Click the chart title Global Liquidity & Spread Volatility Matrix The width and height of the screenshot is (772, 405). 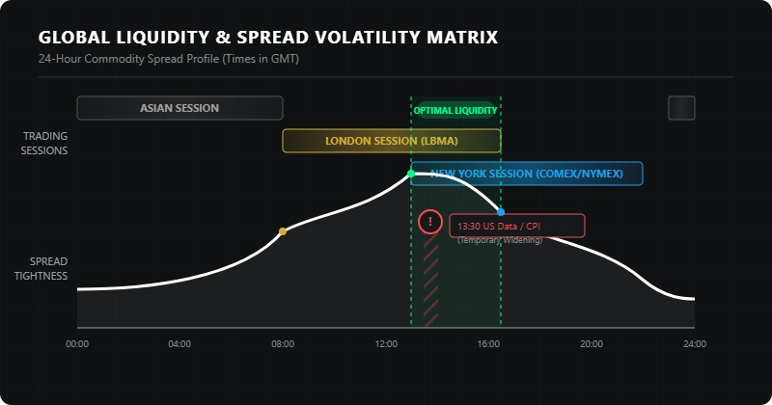tap(268, 38)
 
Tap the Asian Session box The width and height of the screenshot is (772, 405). tap(179, 108)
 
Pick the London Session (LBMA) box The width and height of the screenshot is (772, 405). tap(391, 141)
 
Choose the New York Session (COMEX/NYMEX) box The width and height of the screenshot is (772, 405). tap(527, 174)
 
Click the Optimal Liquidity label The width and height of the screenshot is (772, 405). tap(455, 111)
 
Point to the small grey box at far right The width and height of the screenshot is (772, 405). tap(681, 108)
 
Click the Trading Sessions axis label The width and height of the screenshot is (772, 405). tap(45, 143)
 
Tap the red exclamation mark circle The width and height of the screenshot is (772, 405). tap(429, 222)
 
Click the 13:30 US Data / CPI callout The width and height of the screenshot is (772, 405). tap(516, 225)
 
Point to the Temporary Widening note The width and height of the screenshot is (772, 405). tap(500, 240)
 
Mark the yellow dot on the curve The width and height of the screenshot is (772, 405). tap(283, 231)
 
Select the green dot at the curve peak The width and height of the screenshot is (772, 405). tap(411, 174)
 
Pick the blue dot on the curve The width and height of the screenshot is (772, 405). tap(501, 211)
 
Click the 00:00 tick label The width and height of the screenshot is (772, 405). tap(77, 344)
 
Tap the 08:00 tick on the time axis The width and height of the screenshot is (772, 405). tap(283, 344)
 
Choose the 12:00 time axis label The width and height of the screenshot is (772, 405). tap(386, 344)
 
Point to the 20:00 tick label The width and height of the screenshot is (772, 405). tap(592, 344)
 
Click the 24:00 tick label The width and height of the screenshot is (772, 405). tap(694, 344)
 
